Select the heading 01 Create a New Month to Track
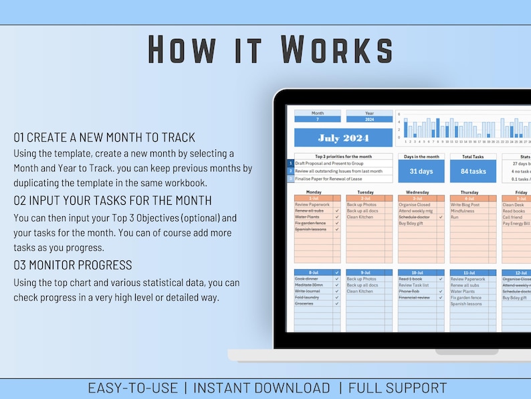click(x=104, y=137)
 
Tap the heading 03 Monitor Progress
click(x=73, y=265)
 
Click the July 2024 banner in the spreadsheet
click(x=343, y=139)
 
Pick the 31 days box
click(x=421, y=171)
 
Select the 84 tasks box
click(x=473, y=171)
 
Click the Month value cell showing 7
click(x=317, y=120)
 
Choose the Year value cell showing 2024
click(x=369, y=120)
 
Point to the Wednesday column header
click(x=417, y=192)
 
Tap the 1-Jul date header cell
click(x=314, y=199)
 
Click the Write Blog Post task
click(x=465, y=205)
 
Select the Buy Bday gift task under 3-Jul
click(x=413, y=224)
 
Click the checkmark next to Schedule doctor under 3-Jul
click(x=441, y=218)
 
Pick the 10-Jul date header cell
click(x=417, y=272)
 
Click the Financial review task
click(x=414, y=297)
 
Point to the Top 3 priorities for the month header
click(x=343, y=156)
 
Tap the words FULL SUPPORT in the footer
click(x=397, y=388)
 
